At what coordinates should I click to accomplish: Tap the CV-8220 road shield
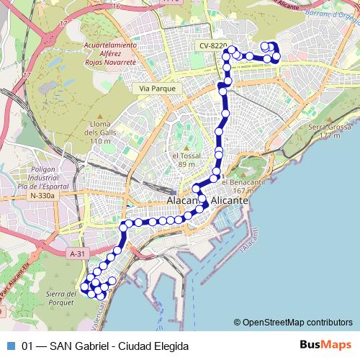[214, 46]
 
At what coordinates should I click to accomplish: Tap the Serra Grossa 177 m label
[324, 131]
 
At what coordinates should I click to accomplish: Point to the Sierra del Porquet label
[61, 299]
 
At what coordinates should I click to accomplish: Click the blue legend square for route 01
[9, 346]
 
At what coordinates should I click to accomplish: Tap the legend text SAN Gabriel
[79, 346]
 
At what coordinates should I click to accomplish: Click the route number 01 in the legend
[28, 346]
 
